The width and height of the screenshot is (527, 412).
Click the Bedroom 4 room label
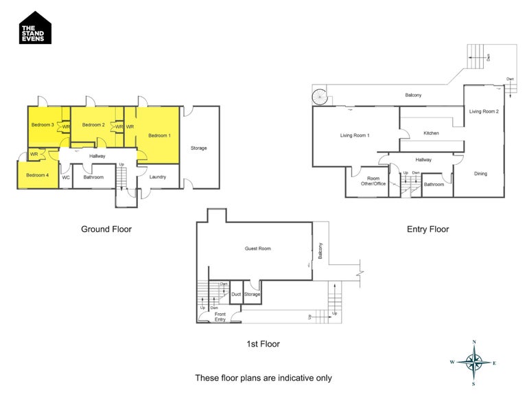[x=38, y=175]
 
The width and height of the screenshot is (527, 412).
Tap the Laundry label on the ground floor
[x=158, y=177]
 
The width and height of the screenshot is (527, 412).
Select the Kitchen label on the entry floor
[x=431, y=133]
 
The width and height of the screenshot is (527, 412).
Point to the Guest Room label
[x=258, y=249]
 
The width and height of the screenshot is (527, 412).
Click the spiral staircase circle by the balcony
[x=319, y=97]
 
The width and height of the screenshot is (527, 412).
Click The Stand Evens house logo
[x=35, y=28]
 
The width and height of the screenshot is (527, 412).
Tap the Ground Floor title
[x=106, y=229]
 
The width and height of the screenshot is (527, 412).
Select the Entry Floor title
[x=428, y=229]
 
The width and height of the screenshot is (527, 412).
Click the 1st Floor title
[x=263, y=344]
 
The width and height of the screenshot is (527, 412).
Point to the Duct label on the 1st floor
[x=236, y=295]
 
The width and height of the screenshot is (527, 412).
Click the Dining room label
[x=480, y=174]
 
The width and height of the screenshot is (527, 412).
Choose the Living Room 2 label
[x=484, y=111]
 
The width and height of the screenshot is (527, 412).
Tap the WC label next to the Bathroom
[x=66, y=177]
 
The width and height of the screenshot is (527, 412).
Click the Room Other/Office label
[x=374, y=181]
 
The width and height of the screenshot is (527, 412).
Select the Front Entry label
[x=220, y=317]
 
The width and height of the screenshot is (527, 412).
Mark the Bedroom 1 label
[x=159, y=135]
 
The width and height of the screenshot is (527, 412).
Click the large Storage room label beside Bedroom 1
[x=199, y=148]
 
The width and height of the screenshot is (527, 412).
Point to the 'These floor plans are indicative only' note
[x=263, y=378]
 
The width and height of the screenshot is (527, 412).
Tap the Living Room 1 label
[x=355, y=135]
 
